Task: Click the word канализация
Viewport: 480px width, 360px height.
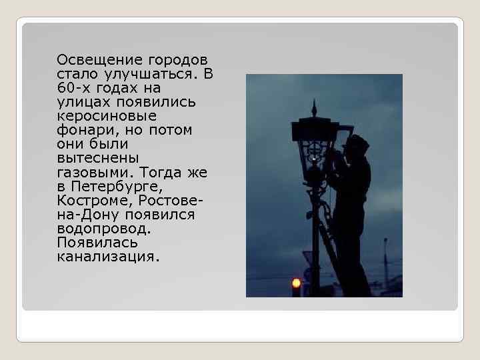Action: [x=108, y=256]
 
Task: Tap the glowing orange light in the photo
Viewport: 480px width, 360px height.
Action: [x=296, y=283]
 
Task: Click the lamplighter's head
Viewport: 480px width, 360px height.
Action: [x=357, y=145]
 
